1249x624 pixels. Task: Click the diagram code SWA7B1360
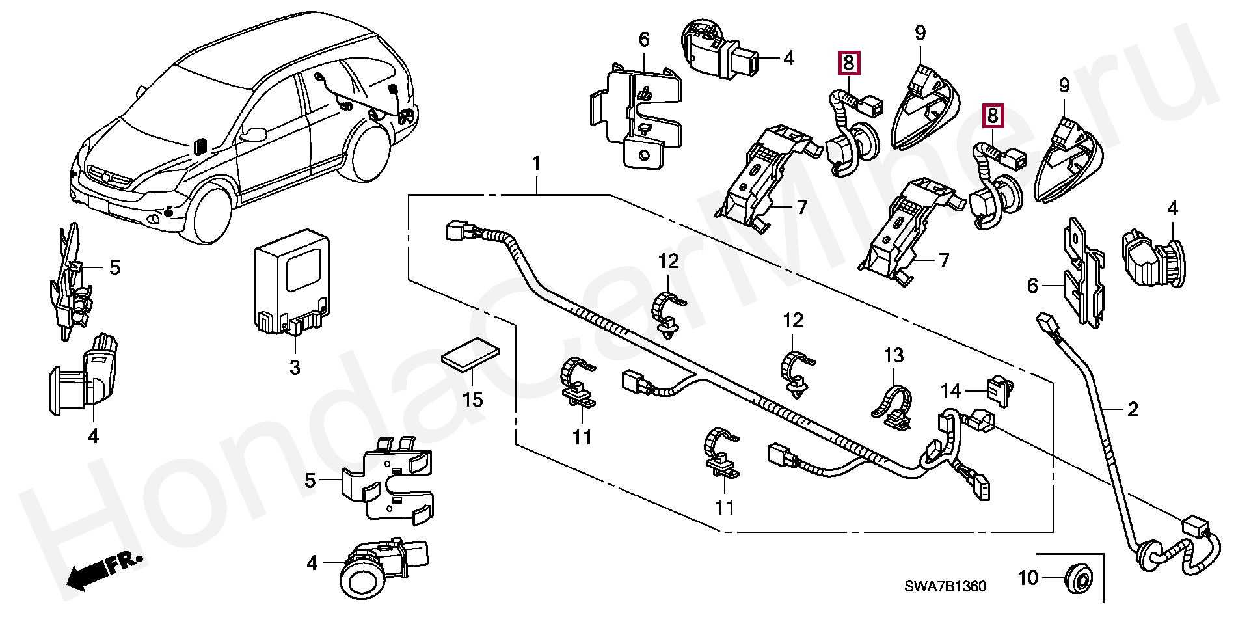point(945,587)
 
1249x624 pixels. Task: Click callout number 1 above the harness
point(536,163)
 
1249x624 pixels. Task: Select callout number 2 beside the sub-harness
point(1133,409)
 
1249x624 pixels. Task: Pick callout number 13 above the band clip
point(894,356)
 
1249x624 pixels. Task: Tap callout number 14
point(950,391)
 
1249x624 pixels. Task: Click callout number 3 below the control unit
point(295,368)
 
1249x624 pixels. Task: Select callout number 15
point(473,399)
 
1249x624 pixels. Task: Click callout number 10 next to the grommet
point(1028,577)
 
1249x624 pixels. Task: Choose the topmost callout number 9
point(920,33)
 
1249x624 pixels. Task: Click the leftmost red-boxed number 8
point(848,63)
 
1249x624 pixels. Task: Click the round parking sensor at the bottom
point(363,575)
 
